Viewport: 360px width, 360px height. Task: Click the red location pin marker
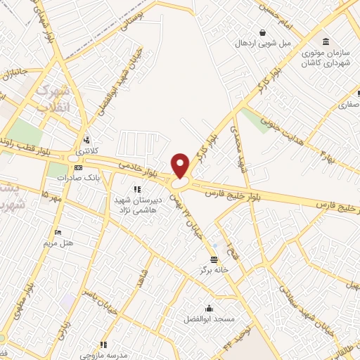[181, 165]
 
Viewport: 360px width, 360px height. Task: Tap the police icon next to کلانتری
[86, 139]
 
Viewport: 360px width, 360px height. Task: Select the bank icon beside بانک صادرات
[78, 168]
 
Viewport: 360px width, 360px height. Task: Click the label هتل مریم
[58, 243]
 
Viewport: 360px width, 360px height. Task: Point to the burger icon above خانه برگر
[204, 259]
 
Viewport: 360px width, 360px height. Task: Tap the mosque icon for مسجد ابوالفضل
[209, 308]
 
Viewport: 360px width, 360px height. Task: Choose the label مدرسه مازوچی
[103, 354]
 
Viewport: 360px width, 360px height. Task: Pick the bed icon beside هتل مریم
[58, 232]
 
